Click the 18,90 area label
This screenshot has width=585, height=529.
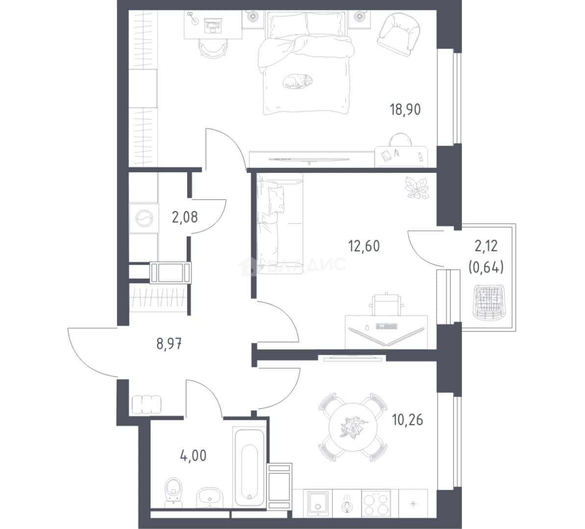pos(405,110)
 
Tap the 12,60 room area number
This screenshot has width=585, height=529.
pos(364,246)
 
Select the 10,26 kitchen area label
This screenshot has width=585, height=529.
pos(408,420)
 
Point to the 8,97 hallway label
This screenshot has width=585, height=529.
pos(169,344)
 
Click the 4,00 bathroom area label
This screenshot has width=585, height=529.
pos(193,456)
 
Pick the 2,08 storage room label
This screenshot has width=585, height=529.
pos(185,217)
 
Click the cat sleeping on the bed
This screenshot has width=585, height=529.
pos(297,81)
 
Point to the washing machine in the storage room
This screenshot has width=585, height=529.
pos(144,218)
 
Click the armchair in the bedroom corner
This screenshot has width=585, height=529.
pos(399,34)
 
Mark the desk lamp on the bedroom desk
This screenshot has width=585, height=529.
pos(193,18)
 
